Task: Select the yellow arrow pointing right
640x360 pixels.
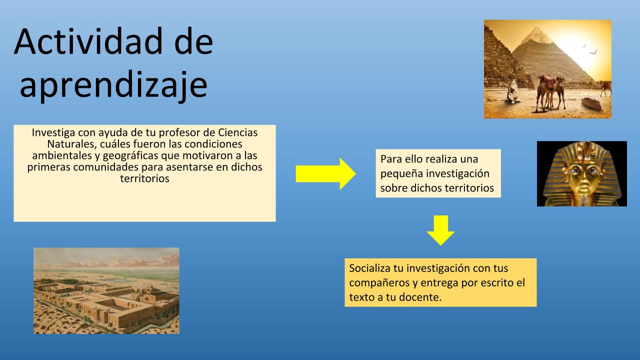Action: tap(325, 173)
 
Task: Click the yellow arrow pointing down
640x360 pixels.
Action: tap(440, 230)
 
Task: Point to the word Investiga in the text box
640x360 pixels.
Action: tap(53, 133)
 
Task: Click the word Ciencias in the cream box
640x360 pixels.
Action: tap(237, 132)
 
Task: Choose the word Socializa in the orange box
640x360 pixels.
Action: tap(369, 268)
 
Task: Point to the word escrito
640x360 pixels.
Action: tap(497, 283)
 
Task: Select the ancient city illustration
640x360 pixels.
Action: tap(106, 291)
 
